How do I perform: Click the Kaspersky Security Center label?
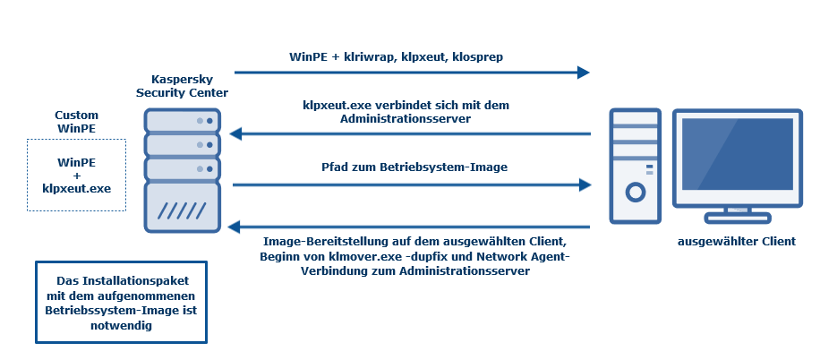182,86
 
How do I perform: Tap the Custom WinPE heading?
76,122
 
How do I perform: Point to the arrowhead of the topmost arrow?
584,73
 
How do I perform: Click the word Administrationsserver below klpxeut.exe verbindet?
406,119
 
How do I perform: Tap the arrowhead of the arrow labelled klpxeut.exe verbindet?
235,134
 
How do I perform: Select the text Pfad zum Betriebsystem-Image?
414,167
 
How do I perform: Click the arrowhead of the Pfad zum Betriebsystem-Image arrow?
585,184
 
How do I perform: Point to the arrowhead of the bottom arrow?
235,227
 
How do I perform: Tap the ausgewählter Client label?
737,242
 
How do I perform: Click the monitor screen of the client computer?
738,154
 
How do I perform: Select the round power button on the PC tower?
636,193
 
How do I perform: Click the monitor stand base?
738,218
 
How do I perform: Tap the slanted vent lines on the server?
182,210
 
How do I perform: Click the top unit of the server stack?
183,120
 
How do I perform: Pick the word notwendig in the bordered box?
122,325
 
